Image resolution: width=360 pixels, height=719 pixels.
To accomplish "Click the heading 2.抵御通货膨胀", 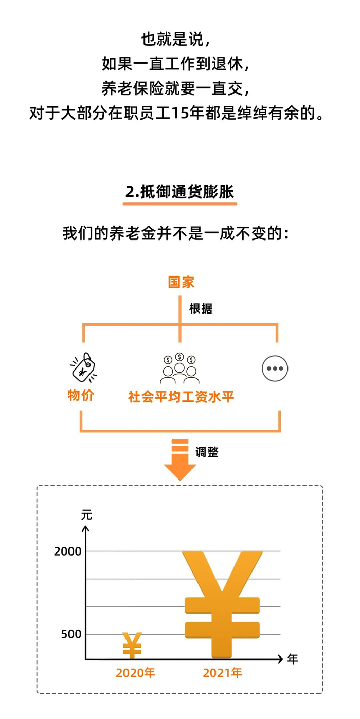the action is coord(179,192).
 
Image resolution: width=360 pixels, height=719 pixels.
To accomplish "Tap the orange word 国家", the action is coord(181,282).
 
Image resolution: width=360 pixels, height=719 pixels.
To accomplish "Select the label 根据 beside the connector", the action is coord(201,308).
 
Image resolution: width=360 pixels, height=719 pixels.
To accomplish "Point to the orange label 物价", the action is coord(81,396).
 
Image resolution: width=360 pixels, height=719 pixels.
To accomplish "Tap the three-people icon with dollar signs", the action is coord(179,368).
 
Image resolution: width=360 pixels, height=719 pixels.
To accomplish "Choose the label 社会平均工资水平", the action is coord(181,397).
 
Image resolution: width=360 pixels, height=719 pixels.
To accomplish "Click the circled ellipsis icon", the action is coord(275,368).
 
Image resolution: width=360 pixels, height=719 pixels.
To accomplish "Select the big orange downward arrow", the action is coord(180,459).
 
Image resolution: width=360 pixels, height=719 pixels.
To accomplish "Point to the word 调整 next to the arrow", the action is coord(207,452).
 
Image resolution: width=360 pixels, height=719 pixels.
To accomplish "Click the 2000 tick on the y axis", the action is coord(68,551).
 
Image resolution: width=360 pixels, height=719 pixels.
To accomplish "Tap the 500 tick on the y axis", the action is coord(71,634).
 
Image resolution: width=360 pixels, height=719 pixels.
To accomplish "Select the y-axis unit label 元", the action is coord(86,514).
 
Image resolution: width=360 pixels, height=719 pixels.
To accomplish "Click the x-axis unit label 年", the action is coord(293,659).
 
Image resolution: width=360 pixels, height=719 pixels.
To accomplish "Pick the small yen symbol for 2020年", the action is coord(132,645).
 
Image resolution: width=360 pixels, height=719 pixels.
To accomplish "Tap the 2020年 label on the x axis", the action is coord(135,673).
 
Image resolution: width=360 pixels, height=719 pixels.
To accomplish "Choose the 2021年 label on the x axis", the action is coord(222,673).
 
